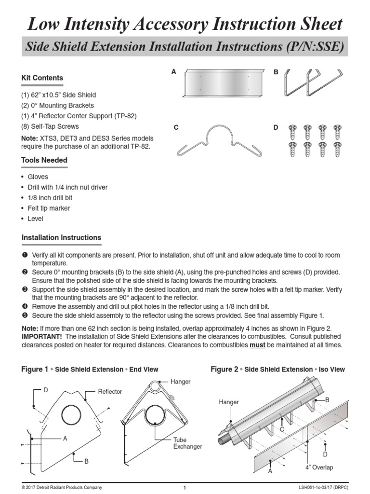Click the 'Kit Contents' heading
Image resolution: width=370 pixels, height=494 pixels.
pyautogui.click(x=42, y=78)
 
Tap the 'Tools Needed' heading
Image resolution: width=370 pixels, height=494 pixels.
pyautogui.click(x=44, y=160)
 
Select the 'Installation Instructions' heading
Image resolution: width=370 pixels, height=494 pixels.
pyautogui.click(x=61, y=237)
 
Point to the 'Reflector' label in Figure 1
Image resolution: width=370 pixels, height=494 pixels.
pyautogui.click(x=110, y=391)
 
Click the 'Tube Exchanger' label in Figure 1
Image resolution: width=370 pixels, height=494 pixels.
pyautogui.click(x=187, y=443)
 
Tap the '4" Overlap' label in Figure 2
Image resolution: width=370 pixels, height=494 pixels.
pyautogui.click(x=318, y=467)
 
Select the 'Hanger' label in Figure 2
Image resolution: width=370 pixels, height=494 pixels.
pyautogui.click(x=229, y=401)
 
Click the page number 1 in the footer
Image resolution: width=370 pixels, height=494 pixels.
pyautogui.click(x=185, y=488)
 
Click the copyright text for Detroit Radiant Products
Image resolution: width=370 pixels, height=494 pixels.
pyautogui.click(x=62, y=488)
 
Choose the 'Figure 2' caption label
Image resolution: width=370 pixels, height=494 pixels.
pyautogui.click(x=225, y=370)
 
